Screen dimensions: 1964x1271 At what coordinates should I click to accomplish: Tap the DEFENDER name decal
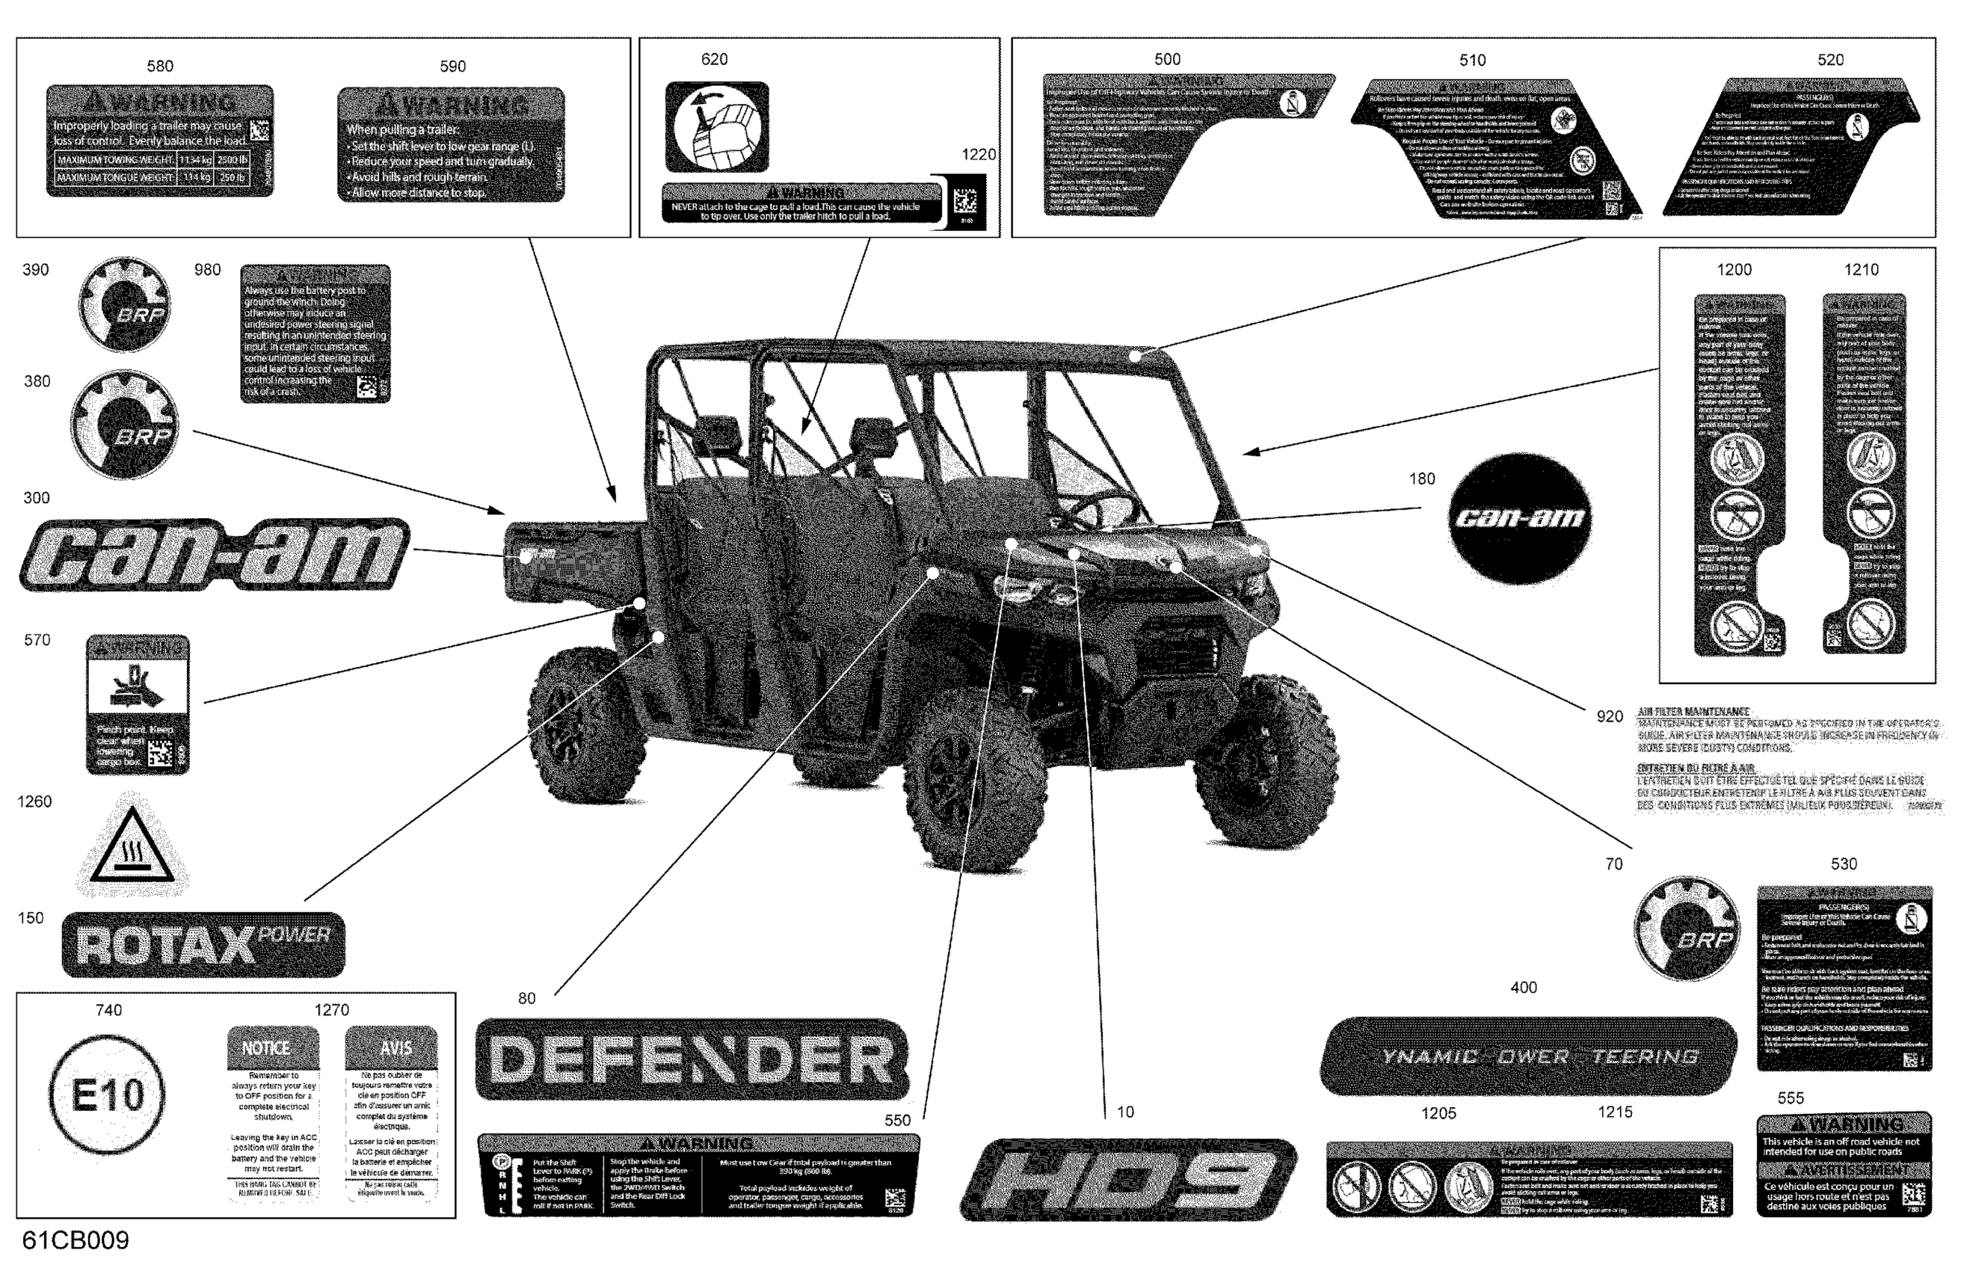[692, 1059]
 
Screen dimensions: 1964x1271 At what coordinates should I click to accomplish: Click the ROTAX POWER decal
[203, 944]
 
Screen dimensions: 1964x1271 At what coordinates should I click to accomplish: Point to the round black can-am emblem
[1519, 518]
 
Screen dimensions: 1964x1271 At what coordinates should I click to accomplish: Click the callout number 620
[714, 59]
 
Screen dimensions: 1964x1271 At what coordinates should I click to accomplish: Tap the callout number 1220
[979, 154]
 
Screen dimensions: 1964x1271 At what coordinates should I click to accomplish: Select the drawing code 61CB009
[76, 1240]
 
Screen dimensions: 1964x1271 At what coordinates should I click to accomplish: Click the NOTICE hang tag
[272, 1112]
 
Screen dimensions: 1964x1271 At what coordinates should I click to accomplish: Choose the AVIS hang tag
[391, 1112]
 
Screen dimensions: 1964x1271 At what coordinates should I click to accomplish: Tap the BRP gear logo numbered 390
[125, 304]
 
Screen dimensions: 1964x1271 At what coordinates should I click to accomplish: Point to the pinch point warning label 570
[138, 705]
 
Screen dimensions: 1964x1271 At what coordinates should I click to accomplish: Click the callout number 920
[1609, 716]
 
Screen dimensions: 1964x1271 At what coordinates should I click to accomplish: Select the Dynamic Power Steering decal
[1528, 1056]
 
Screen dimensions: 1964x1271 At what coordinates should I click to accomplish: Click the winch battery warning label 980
[315, 333]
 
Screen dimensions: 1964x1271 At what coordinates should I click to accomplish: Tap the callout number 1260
[34, 801]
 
